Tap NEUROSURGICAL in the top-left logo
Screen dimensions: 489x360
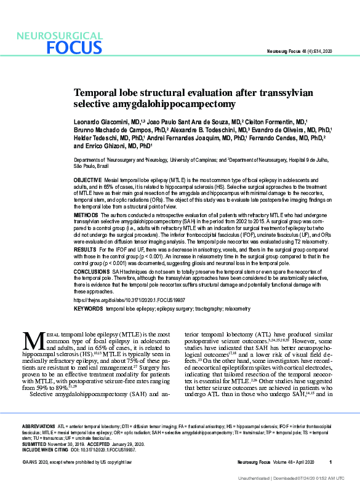59,36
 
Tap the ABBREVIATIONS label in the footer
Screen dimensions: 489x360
39,426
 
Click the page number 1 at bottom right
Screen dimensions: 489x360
330,463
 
